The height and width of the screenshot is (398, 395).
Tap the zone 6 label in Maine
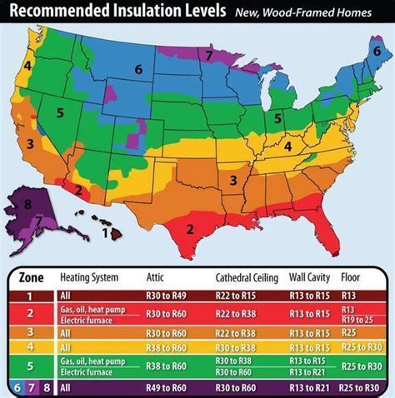(377, 52)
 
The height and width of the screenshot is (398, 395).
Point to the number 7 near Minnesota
(209, 55)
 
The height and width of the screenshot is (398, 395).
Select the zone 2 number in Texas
(190, 229)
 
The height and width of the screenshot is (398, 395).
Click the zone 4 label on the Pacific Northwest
(27, 65)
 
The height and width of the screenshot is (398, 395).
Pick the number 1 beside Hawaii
(106, 234)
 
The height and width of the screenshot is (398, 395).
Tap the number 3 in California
(29, 143)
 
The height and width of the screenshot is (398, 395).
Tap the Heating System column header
(89, 276)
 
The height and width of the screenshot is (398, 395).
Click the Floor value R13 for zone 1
(348, 294)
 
